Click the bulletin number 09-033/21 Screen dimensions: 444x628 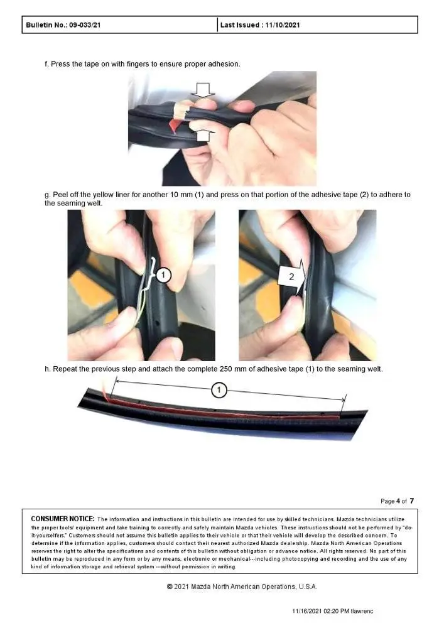click(x=85, y=25)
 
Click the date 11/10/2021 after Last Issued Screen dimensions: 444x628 click(x=282, y=25)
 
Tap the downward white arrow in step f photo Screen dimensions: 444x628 click(x=203, y=90)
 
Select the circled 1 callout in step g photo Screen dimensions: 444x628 click(x=163, y=275)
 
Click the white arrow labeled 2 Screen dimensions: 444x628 click(x=292, y=276)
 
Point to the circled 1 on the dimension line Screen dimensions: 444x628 click(x=219, y=390)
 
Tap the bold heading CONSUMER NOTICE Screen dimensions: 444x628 click(x=63, y=519)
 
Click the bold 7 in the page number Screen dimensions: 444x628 click(x=411, y=501)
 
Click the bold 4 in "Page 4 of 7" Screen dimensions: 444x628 click(x=398, y=501)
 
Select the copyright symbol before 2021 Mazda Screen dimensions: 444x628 click(x=170, y=587)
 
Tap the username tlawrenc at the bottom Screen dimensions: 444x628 click(x=362, y=611)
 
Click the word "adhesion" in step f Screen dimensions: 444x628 click(x=224, y=64)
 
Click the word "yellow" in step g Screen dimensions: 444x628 click(x=103, y=195)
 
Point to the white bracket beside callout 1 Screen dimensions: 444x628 click(x=151, y=274)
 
